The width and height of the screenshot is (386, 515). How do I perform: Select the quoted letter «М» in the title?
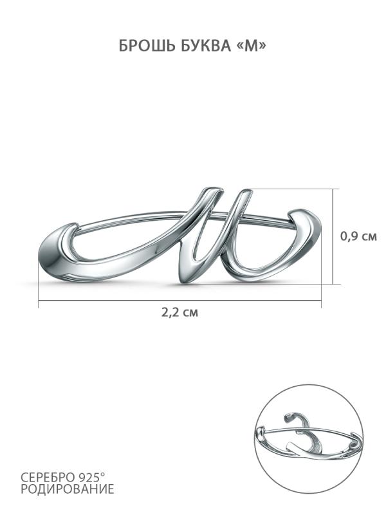click(x=251, y=46)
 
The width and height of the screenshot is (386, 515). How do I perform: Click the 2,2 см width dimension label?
click(x=179, y=312)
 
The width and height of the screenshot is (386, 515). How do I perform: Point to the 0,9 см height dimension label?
click(x=358, y=236)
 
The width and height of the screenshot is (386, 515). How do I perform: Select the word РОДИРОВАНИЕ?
click(x=68, y=489)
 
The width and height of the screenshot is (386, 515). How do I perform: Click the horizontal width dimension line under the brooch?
click(x=179, y=300)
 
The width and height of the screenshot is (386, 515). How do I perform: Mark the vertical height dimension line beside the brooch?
click(x=333, y=236)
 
